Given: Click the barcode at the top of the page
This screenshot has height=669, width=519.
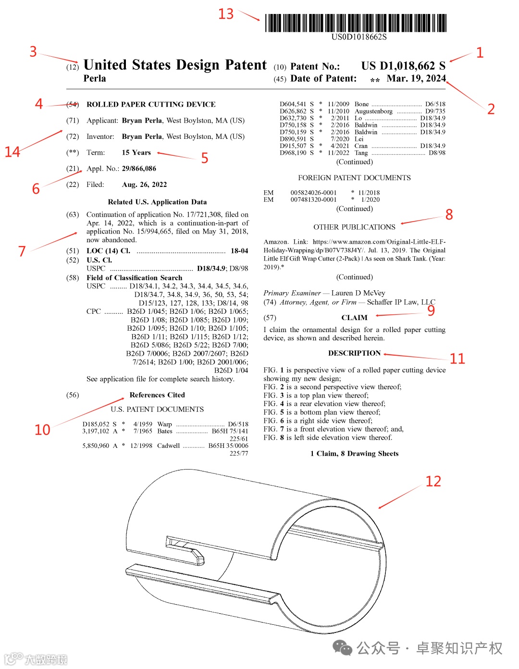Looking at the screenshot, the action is click(x=356, y=23).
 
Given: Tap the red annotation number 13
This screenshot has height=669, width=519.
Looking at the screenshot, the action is click(x=226, y=13).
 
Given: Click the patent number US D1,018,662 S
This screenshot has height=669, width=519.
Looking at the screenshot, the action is click(x=403, y=66).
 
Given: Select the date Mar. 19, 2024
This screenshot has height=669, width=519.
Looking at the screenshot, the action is click(x=416, y=78).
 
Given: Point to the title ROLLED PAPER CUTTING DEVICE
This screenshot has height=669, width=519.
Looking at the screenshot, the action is click(x=151, y=104).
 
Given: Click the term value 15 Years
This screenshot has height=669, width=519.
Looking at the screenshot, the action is click(x=136, y=152).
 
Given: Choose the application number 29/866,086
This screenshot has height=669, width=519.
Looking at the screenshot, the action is click(x=139, y=168).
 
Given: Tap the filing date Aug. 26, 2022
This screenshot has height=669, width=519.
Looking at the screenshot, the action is click(x=144, y=185).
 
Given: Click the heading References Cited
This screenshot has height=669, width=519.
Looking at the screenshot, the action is click(x=157, y=395).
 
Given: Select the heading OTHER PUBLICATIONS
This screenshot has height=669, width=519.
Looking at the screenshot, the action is click(x=354, y=227).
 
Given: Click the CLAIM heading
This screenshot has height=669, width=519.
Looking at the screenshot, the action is click(x=354, y=318).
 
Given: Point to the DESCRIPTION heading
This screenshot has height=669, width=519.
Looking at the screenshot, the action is click(x=354, y=353).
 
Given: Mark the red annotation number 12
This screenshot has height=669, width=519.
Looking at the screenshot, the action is click(x=433, y=481).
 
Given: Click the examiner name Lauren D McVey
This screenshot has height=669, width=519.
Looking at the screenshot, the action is click(x=358, y=293).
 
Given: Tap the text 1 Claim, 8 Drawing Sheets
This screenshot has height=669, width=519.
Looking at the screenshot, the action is click(x=354, y=453).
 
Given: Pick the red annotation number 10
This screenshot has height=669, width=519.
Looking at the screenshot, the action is click(x=42, y=429).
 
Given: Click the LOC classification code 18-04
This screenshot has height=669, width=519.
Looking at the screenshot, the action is click(x=239, y=250).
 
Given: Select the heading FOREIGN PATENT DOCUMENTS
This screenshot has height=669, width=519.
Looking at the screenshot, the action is click(x=354, y=177).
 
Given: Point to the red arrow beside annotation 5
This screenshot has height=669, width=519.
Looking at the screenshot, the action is click(x=176, y=155).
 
